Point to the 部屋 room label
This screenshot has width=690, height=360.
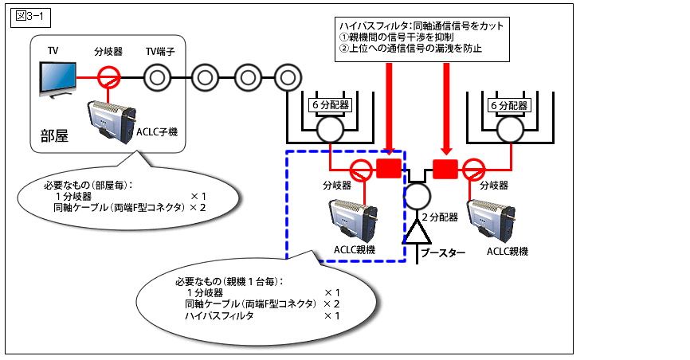[54, 135]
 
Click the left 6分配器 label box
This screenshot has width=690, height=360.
[329, 105]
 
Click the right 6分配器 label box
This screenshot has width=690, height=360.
[508, 105]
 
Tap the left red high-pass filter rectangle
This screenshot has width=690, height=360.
[388, 168]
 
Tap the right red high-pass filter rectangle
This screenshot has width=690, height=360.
[445, 168]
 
